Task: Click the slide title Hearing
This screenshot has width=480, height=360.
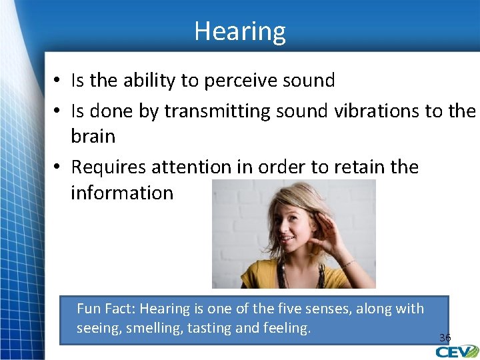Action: click(240, 31)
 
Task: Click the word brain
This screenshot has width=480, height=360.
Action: click(93, 136)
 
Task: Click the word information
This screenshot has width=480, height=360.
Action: click(122, 193)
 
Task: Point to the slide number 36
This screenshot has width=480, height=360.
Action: click(445, 338)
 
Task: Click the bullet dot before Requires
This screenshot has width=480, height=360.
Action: click(59, 167)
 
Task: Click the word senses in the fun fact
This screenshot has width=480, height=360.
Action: click(333, 309)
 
